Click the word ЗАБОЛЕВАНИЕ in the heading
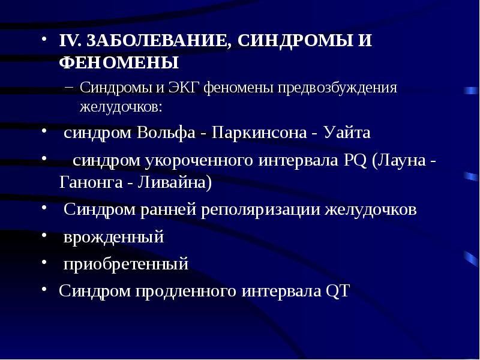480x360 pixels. pos(153,41)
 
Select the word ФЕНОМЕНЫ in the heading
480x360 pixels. pos(119,63)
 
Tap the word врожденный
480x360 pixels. pos(114,237)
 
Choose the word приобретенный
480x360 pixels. pos(127,264)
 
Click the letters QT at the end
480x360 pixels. pos(337,291)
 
